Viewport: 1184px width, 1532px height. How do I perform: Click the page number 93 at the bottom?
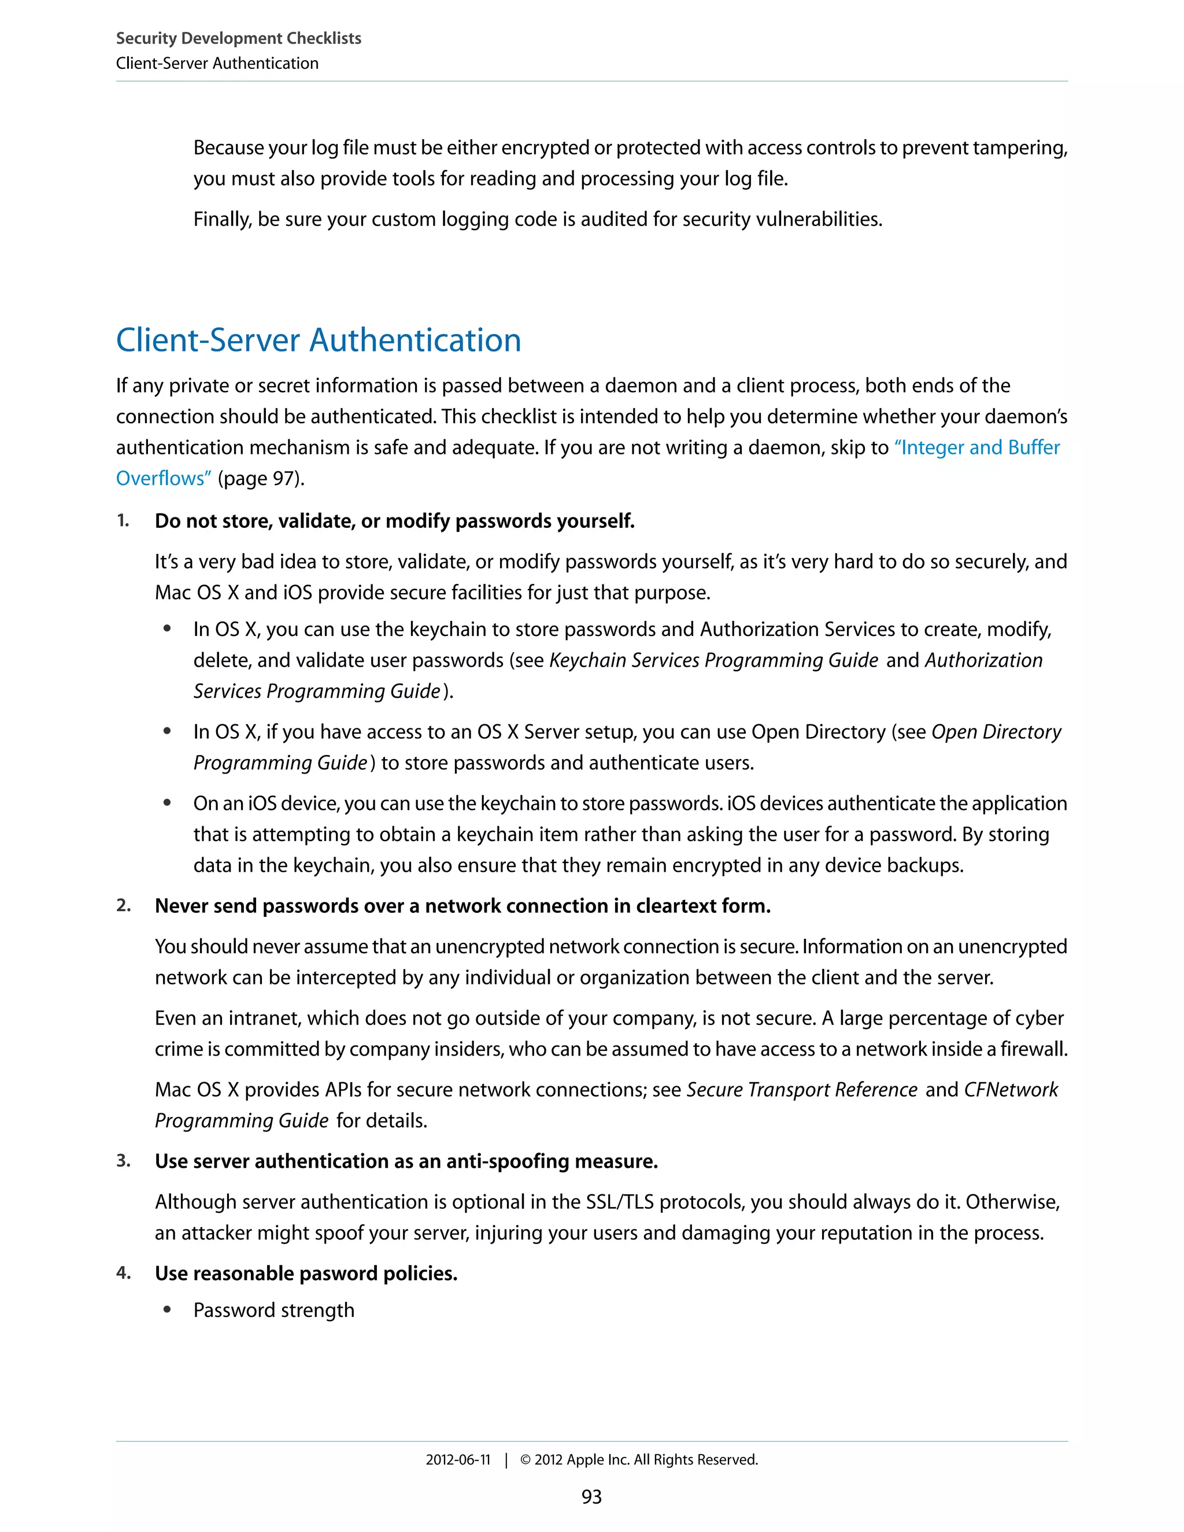(x=591, y=1497)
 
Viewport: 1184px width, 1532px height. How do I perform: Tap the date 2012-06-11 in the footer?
(x=458, y=1460)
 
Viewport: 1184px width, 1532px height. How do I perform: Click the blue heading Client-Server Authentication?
(x=319, y=340)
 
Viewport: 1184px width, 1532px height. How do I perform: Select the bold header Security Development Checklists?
(x=239, y=39)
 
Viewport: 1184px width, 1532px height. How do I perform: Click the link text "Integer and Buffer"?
(x=977, y=447)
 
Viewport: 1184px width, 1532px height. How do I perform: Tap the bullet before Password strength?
(x=167, y=1311)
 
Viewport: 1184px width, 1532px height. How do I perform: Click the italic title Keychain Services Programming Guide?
(x=713, y=661)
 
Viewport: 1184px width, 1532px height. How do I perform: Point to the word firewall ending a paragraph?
(x=1033, y=1049)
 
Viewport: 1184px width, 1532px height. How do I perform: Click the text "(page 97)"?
(x=261, y=479)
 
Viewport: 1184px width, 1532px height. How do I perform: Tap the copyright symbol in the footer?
(x=526, y=1460)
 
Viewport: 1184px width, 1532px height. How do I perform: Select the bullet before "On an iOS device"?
(x=167, y=803)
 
